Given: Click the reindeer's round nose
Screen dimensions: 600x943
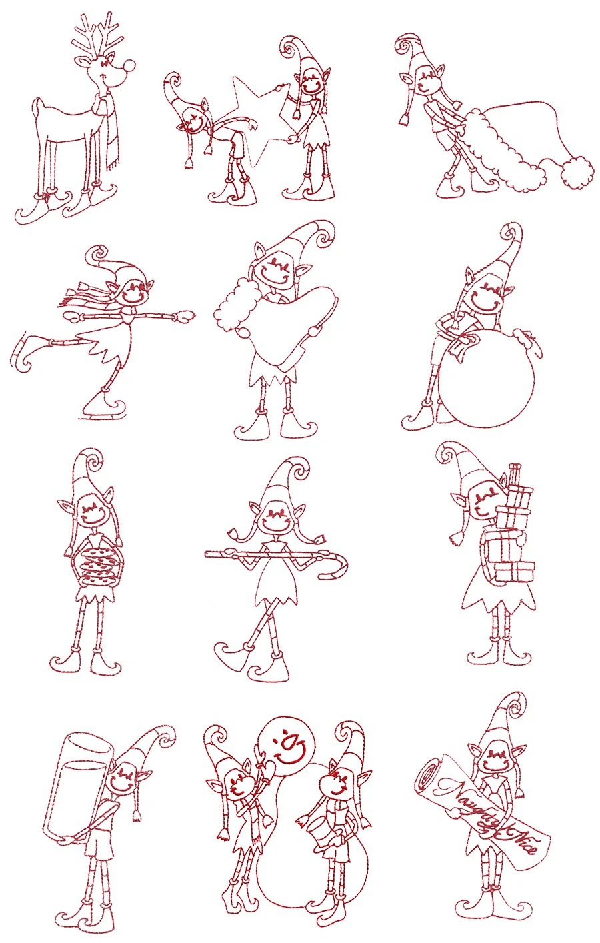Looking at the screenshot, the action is [x=131, y=65].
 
